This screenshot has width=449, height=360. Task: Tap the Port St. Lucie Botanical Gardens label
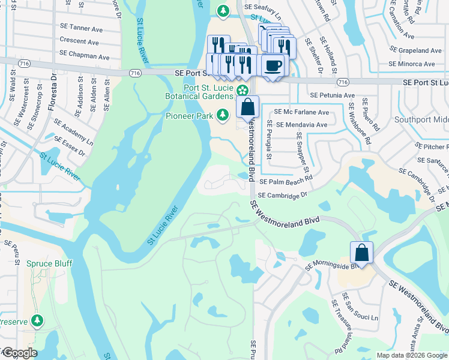tap(200, 92)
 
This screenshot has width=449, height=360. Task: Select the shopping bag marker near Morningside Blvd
tap(362, 252)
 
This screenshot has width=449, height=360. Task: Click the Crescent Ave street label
tap(79, 42)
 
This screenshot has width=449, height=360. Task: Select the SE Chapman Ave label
tap(84, 57)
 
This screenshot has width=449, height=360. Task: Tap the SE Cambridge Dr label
tap(282, 195)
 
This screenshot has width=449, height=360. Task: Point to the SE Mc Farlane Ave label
tap(301, 112)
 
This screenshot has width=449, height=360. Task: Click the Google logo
tap(19, 353)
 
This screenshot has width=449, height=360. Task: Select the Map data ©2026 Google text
tap(411, 355)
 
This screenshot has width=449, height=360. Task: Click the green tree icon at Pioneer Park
tap(223, 114)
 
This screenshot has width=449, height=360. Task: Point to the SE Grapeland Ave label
tap(420, 50)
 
